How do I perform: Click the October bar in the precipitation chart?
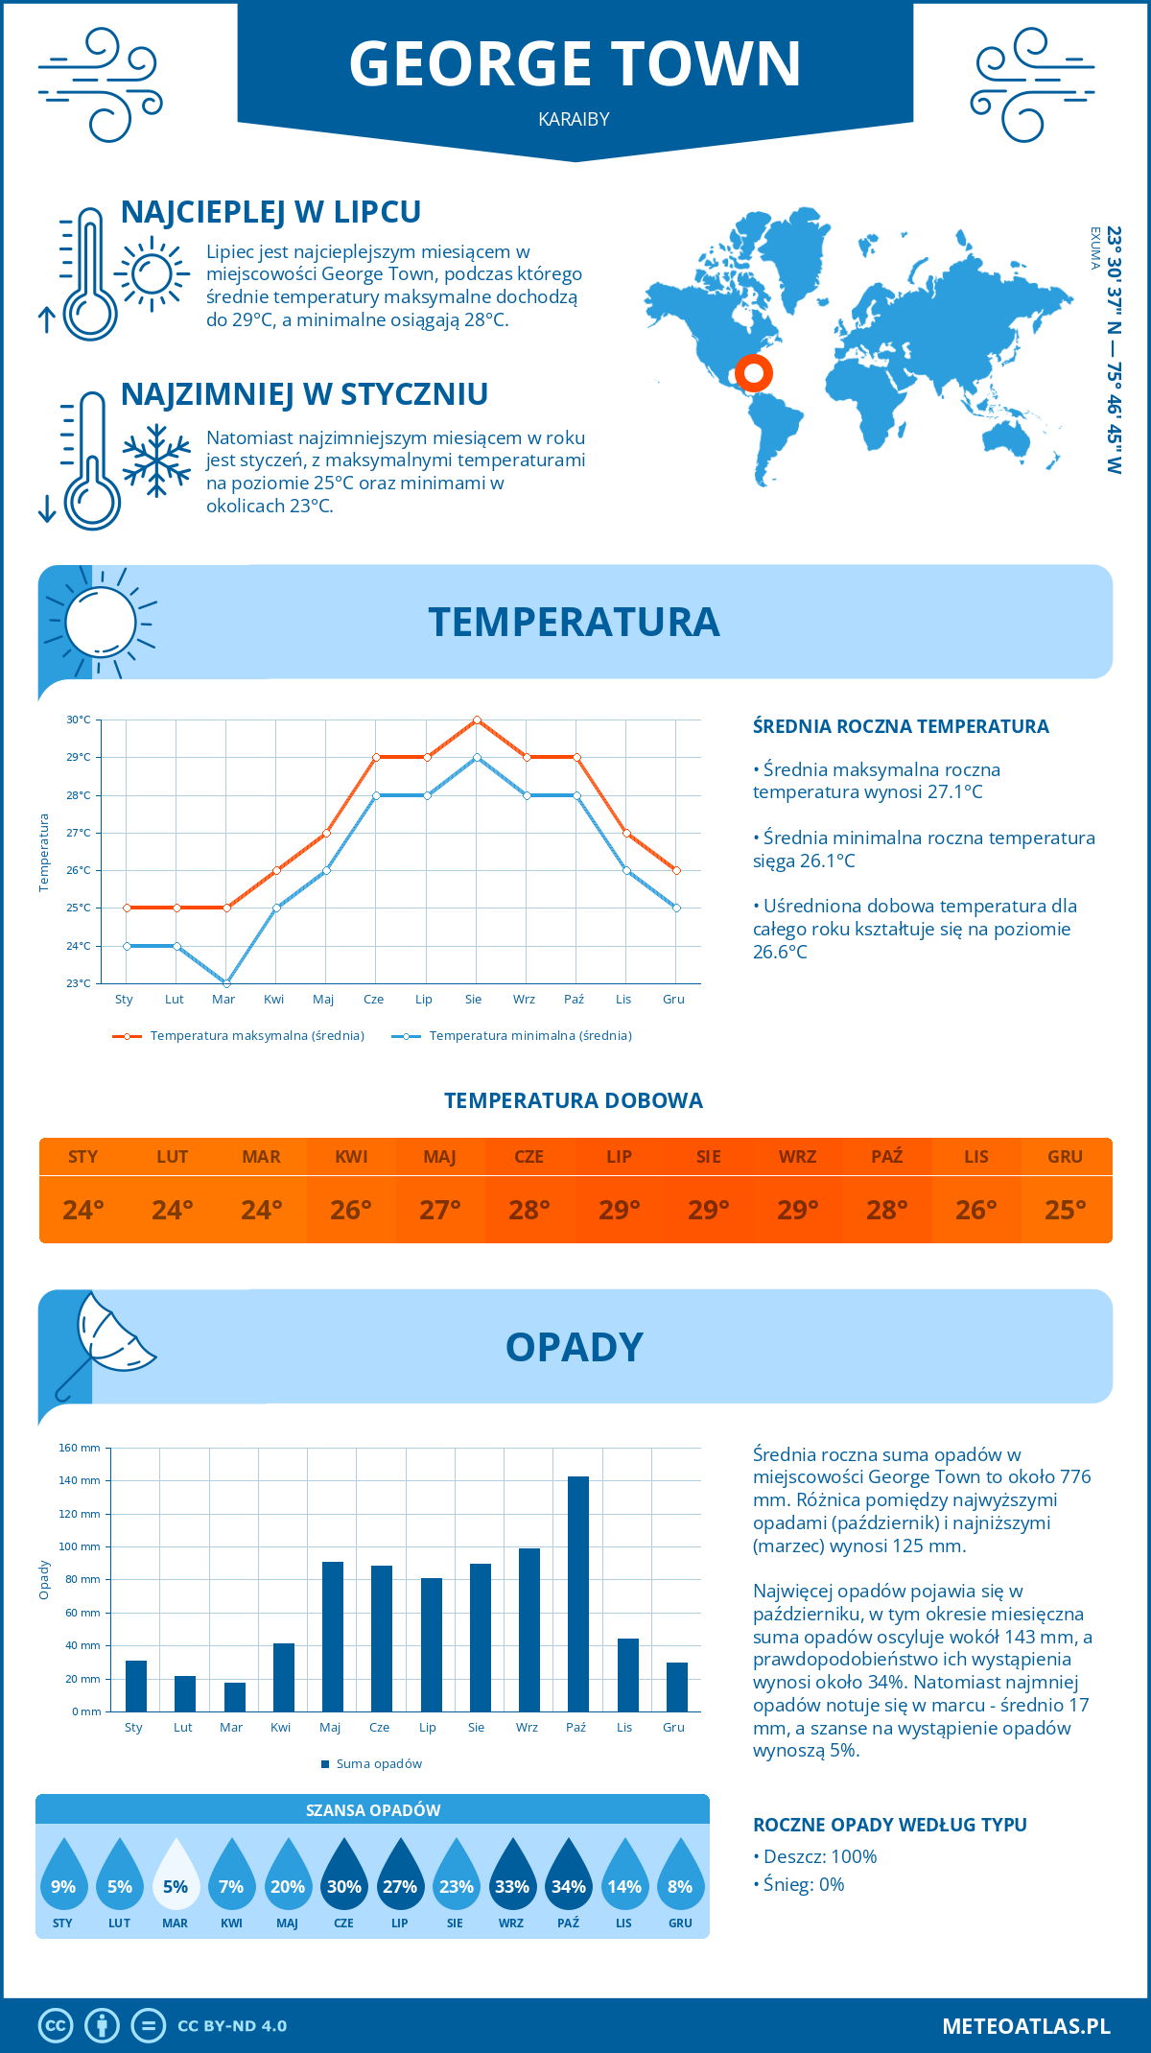[x=577, y=1593]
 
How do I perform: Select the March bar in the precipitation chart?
[x=234, y=1697]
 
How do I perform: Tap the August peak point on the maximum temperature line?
[x=477, y=720]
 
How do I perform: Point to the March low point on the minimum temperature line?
[x=226, y=983]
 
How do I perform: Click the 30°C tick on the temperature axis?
[x=79, y=720]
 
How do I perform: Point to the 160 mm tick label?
[x=80, y=1448]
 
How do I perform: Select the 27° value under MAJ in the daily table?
[x=440, y=1210]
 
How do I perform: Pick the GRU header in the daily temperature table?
[x=1065, y=1157]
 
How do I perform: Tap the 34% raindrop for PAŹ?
[x=568, y=1874]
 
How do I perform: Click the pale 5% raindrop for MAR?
[x=176, y=1874]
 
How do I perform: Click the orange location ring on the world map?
[x=753, y=372]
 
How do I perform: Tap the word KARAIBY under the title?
[x=574, y=119]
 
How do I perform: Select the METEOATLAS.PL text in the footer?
[x=1025, y=2026]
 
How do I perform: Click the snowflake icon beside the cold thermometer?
[x=156, y=460]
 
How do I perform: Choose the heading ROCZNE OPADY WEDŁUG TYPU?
[x=889, y=1825]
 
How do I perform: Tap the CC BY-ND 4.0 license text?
[x=232, y=2026]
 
